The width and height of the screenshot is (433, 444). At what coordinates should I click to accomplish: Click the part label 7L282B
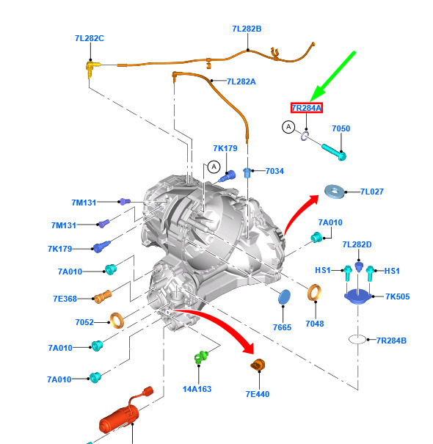[x=247, y=29]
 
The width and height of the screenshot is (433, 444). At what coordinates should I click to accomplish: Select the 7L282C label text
[x=90, y=38]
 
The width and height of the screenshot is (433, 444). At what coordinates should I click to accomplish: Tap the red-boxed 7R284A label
[x=307, y=108]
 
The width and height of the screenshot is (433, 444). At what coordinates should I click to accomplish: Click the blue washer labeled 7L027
[x=335, y=192]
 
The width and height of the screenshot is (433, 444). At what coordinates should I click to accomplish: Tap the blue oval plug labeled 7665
[x=284, y=297]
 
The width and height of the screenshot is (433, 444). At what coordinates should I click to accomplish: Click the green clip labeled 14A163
[x=201, y=357]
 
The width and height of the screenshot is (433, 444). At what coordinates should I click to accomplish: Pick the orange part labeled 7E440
[x=258, y=365]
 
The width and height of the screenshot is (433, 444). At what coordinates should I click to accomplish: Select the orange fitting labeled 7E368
[x=102, y=296]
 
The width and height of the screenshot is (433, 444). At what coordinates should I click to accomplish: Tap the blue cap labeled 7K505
[x=358, y=296]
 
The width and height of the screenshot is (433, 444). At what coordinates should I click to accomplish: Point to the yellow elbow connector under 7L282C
[x=91, y=68]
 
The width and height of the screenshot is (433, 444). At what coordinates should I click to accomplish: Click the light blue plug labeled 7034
[x=247, y=172]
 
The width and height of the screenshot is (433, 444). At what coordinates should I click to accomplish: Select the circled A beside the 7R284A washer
[x=288, y=127]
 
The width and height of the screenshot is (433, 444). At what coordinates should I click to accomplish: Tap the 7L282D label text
[x=357, y=244]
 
